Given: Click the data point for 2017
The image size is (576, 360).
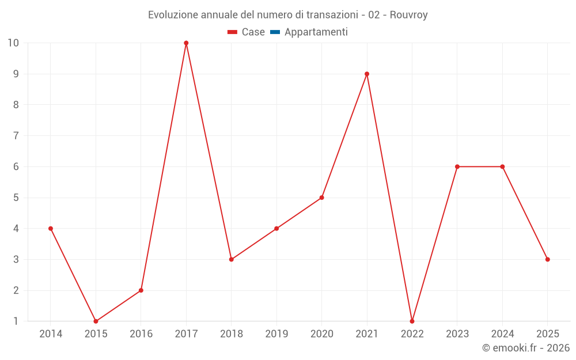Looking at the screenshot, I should [x=186, y=43].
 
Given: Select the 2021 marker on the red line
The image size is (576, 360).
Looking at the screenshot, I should [x=367, y=74].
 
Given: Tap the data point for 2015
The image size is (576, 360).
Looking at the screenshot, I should [x=96, y=321].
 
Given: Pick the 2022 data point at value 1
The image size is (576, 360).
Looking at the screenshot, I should [x=412, y=321].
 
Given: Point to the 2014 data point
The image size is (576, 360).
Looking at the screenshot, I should [x=51, y=229].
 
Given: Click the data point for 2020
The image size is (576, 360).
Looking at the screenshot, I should [x=321, y=198].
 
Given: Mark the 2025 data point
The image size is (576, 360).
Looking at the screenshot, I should [x=547, y=259].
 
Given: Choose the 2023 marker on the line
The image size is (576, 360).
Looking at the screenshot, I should [x=457, y=166].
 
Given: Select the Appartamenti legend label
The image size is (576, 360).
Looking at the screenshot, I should [x=316, y=32].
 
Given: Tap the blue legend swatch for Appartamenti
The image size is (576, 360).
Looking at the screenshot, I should [x=275, y=32].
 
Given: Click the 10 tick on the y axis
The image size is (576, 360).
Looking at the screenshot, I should [x=13, y=43].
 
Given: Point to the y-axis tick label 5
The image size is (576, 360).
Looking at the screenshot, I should [x=16, y=198].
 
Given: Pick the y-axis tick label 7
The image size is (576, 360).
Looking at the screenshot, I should [x=16, y=136].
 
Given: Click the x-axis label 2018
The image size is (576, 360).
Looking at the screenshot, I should [x=231, y=334].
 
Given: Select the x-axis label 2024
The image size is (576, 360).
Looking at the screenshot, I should [x=502, y=334].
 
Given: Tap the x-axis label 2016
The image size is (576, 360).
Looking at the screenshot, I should [x=141, y=334].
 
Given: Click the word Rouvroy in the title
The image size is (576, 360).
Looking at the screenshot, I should [x=408, y=15].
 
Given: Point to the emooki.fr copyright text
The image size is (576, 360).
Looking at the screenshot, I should [x=526, y=348].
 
